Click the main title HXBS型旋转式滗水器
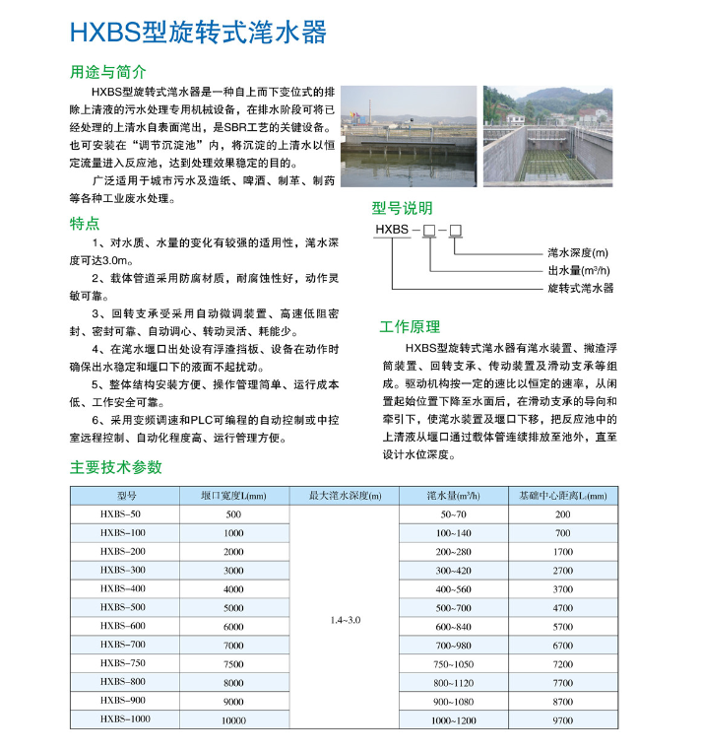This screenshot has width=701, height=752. click(x=198, y=34)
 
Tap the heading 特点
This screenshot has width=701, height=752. click(x=85, y=223)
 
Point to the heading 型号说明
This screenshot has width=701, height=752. click(x=402, y=208)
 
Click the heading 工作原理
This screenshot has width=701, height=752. click(x=410, y=327)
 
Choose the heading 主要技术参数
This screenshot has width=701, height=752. click(x=116, y=467)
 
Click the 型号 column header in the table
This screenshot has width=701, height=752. click(x=126, y=495)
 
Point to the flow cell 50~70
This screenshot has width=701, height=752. click(x=454, y=514)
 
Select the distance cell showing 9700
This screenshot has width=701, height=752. click(x=562, y=720)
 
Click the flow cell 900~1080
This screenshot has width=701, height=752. click(x=454, y=701)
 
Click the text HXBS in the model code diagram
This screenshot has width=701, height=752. click(x=392, y=230)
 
